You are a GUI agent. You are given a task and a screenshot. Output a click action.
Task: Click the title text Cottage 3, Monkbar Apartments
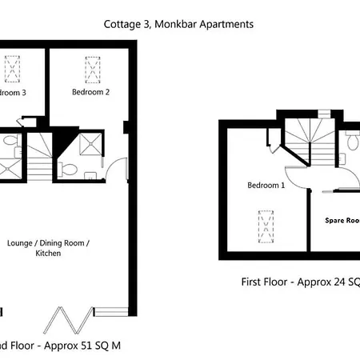click(x=178, y=24)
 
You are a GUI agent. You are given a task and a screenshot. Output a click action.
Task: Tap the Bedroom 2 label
click(x=90, y=92)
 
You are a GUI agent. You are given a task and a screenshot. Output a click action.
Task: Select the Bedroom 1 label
click(x=266, y=186)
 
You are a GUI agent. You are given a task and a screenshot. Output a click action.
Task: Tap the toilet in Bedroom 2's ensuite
click(x=67, y=169)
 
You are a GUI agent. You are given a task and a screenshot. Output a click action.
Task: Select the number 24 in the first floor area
click(x=337, y=282)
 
